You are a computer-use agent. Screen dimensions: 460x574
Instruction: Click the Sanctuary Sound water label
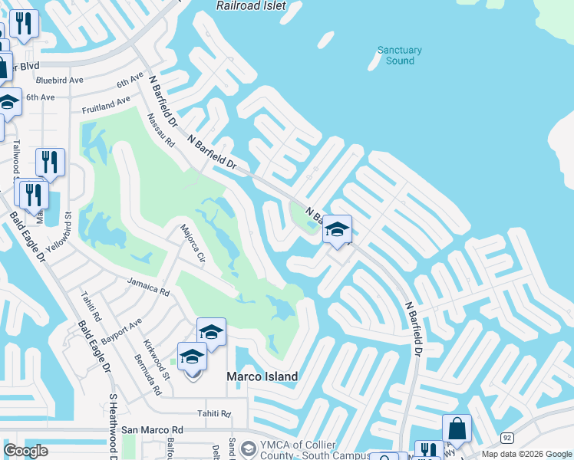(x=400, y=55)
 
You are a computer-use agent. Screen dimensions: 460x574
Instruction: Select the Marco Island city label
(x=262, y=376)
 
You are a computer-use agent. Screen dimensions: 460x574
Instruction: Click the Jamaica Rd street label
(x=148, y=288)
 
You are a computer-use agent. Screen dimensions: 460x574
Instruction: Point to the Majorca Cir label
(x=192, y=243)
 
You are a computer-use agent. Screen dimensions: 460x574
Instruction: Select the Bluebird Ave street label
(x=59, y=80)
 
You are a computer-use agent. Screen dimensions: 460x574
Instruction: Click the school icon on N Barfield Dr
(x=337, y=228)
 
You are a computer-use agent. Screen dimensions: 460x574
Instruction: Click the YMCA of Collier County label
(x=292, y=451)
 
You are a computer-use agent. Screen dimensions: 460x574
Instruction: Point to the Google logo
(x=26, y=451)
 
